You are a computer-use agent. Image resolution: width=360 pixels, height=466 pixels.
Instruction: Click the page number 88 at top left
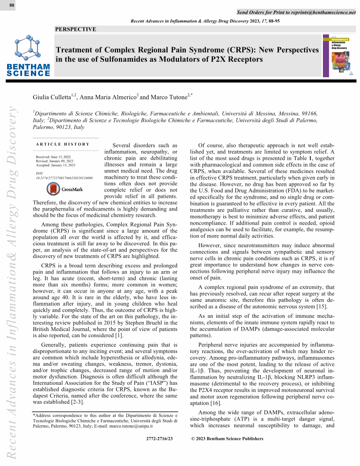12,5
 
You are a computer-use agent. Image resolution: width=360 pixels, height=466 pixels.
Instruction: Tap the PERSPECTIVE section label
75,29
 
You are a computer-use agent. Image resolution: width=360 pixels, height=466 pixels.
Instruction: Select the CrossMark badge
65,189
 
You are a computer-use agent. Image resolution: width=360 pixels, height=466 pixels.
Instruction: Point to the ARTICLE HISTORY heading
63,144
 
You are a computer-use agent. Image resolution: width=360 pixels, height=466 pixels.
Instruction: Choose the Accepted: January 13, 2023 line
56,165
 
